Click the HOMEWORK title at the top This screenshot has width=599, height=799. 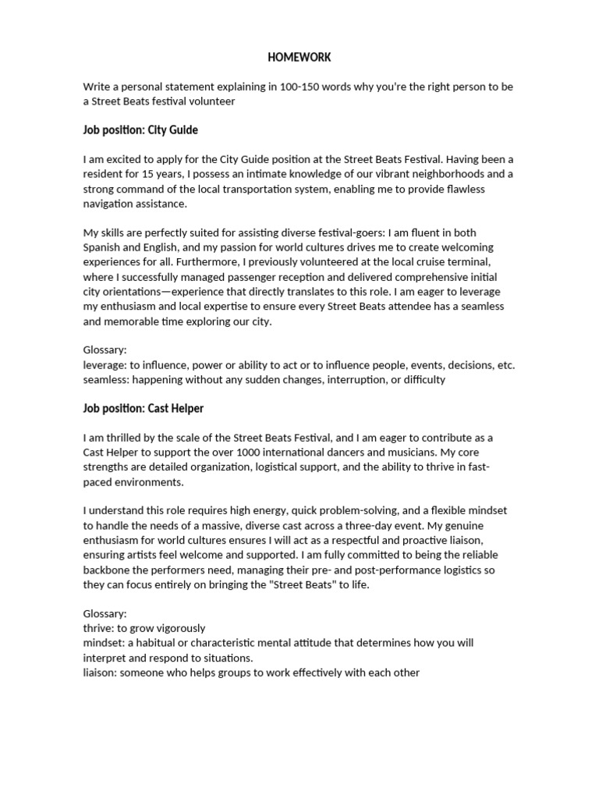click(299, 57)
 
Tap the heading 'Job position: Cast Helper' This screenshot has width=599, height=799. click(144, 408)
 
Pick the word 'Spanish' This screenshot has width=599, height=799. click(103, 247)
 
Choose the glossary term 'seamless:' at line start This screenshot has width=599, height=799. click(106, 380)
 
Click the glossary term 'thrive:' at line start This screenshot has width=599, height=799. click(98, 628)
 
